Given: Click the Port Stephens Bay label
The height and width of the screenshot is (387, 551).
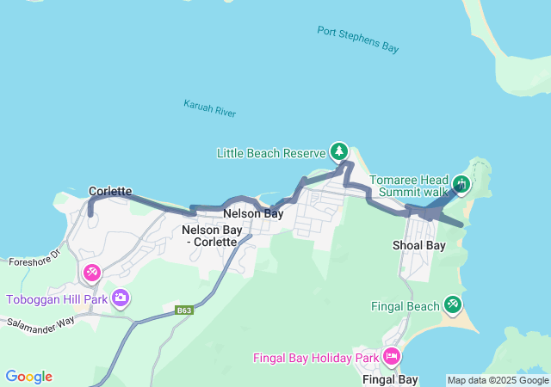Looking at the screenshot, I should tap(357, 40).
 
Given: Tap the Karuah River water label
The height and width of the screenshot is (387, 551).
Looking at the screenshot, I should tap(209, 108).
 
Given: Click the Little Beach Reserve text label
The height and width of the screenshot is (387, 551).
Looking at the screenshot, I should tap(270, 154).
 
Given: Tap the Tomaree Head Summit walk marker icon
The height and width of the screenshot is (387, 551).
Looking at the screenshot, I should tap(461, 184).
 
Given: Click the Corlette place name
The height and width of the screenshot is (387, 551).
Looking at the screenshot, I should tap(110, 191).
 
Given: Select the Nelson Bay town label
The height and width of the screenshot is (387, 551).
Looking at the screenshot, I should tap(253, 213).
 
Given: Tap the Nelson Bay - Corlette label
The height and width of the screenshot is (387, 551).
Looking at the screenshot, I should tap(209, 236).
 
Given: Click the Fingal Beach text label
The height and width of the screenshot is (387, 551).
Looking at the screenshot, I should tap(405, 305).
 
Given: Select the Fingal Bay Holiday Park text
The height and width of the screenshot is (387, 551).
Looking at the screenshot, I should tap(316, 358).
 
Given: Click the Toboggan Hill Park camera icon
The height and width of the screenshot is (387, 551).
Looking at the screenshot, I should tap(121, 298).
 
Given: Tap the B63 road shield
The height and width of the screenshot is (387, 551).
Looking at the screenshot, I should tap(183, 310).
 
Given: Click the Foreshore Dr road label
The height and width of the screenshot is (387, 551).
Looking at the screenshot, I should tap(32, 257).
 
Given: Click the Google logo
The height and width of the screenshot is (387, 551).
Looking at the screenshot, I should tap(29, 377).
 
